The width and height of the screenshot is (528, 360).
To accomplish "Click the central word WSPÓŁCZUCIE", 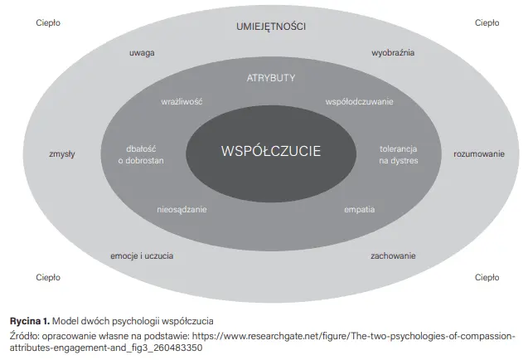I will click(270, 151).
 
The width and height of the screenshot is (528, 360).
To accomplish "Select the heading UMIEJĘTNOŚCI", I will click(271, 26).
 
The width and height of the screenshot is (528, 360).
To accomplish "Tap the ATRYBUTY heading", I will click(271, 77).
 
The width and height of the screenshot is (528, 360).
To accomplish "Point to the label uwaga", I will click(142, 52).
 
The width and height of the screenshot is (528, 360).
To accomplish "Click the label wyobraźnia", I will click(393, 52).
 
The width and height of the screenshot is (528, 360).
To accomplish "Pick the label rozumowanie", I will click(478, 154).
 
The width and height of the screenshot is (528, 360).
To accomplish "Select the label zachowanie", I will click(393, 255).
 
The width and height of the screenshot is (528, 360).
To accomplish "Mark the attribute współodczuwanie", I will click(360, 101).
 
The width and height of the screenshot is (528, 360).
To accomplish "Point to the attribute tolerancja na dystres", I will click(399, 154).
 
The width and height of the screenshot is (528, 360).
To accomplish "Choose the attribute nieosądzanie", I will click(182, 209).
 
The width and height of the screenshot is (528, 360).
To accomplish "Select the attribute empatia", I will click(360, 209).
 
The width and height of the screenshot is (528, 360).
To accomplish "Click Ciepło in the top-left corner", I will click(48, 22).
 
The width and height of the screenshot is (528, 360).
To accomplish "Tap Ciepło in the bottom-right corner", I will click(487, 277).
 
